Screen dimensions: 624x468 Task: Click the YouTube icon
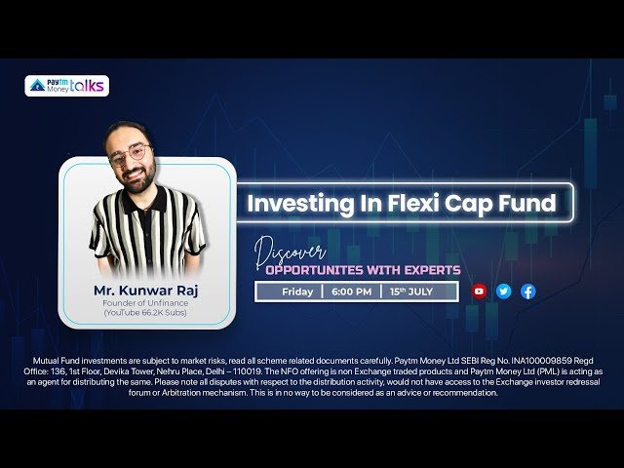click(x=479, y=292)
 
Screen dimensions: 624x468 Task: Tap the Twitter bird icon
click(x=503, y=292)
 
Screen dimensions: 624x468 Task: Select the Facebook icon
click(x=528, y=292)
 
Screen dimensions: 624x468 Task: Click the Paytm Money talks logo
click(x=67, y=86)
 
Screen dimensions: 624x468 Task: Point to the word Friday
click(x=297, y=292)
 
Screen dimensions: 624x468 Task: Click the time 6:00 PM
click(x=351, y=292)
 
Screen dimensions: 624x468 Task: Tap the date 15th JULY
click(x=411, y=292)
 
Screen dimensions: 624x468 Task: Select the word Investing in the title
click(x=300, y=204)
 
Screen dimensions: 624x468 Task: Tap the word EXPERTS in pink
click(x=432, y=270)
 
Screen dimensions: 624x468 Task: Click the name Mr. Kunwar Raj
click(x=145, y=291)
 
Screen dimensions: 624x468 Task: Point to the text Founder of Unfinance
click(x=145, y=303)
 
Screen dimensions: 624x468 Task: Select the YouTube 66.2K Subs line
click(x=145, y=313)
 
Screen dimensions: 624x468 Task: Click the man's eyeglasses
click(x=130, y=154)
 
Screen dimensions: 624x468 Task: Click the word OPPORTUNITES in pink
click(x=314, y=270)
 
